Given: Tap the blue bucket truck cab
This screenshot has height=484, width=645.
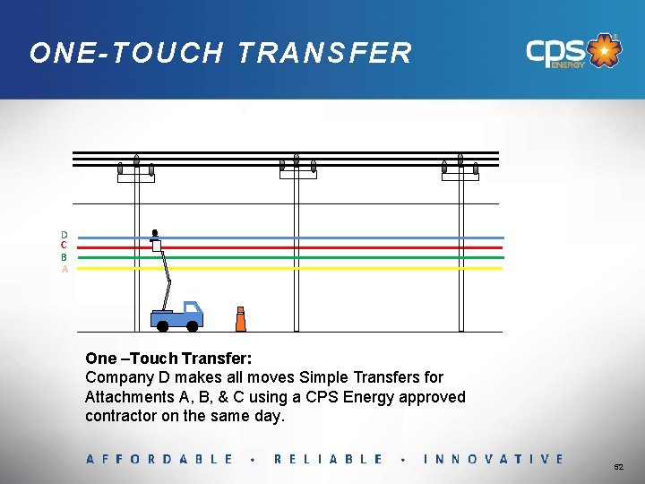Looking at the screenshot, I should click(192, 311).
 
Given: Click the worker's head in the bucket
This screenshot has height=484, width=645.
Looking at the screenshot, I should click(155, 232).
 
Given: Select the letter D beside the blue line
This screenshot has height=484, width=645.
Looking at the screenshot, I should click(64, 236).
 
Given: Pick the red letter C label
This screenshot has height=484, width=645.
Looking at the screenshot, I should click(64, 246).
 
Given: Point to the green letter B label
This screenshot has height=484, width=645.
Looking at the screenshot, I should click(64, 257).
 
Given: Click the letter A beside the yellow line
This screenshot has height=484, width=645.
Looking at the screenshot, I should click(64, 268).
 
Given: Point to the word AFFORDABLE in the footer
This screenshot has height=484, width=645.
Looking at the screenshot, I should click(159, 459).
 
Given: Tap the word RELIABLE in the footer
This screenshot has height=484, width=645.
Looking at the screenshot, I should click(328, 459).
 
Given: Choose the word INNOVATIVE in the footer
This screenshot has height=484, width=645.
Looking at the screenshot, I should click(494, 459).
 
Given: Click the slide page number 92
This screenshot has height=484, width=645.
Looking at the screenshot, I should click(618, 467).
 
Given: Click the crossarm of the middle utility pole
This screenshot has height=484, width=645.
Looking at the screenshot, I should click(298, 177).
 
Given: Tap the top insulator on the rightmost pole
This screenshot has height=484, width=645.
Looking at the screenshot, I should click(460, 160).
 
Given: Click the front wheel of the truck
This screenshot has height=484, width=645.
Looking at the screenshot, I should click(192, 324).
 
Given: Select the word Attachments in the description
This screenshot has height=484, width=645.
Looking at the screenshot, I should click(129, 397).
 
